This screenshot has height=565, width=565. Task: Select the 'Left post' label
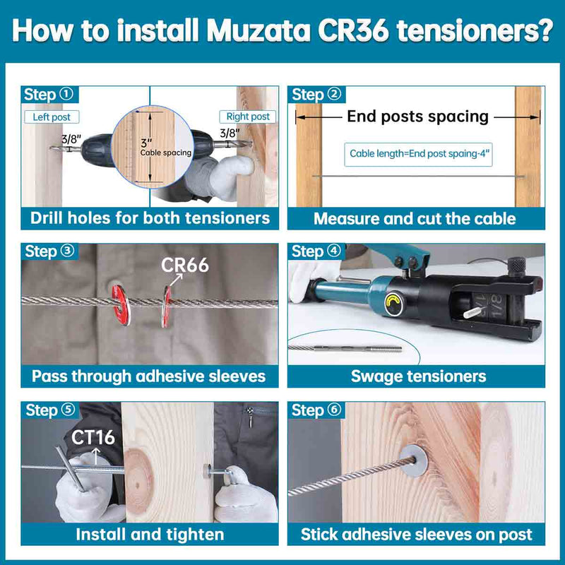pyautogui.click(x=52, y=117)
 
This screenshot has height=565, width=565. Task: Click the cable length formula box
pyautogui.click(x=417, y=153)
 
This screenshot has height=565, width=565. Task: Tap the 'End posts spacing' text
pyautogui.click(x=417, y=117)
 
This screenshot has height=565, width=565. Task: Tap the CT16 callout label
pyautogui.click(x=93, y=437)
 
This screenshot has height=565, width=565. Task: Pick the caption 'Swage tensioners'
pyautogui.click(x=418, y=376)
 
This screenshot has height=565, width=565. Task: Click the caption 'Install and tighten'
pyautogui.click(x=150, y=534)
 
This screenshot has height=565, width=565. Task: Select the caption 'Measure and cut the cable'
pyautogui.click(x=415, y=218)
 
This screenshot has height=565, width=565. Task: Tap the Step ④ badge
pyautogui.click(x=316, y=251)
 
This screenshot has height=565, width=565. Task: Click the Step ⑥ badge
pyautogui.click(x=316, y=410)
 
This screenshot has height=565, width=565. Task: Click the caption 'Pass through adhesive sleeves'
pyautogui.click(x=149, y=376)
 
